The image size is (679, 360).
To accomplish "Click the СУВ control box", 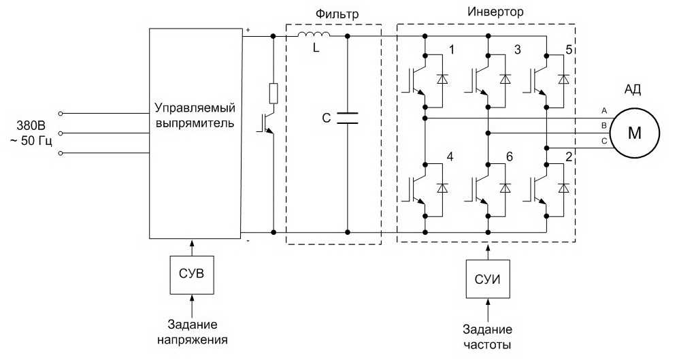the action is [x=191, y=275].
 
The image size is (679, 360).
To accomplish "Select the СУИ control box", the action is [x=488, y=279].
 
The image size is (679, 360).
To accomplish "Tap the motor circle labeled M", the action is [x=634, y=133].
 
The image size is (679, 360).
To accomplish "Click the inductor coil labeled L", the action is [x=314, y=35].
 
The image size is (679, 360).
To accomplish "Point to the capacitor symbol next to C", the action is [x=347, y=118].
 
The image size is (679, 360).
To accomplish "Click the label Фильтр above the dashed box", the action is [x=337, y=14].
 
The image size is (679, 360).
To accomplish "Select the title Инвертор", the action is [x=495, y=12].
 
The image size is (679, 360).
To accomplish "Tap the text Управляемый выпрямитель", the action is [x=195, y=115].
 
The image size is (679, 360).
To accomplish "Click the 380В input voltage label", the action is [x=31, y=126].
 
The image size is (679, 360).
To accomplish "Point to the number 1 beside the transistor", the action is [x=452, y=50].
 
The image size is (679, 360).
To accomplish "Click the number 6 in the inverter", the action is [x=509, y=157].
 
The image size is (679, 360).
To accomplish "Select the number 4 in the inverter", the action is [x=450, y=157].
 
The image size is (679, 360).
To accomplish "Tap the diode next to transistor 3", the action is [x=505, y=79].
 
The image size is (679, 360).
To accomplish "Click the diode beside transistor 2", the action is [x=563, y=188].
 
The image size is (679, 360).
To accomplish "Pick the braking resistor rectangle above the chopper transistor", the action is [x=274, y=94].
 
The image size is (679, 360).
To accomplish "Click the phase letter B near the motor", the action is [x=603, y=126].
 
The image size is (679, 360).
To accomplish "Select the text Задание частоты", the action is [x=488, y=337].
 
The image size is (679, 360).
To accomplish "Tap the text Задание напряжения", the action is [x=193, y=332].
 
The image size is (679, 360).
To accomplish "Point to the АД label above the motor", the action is [x=633, y=90].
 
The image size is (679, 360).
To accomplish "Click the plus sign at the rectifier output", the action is [x=248, y=30].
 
